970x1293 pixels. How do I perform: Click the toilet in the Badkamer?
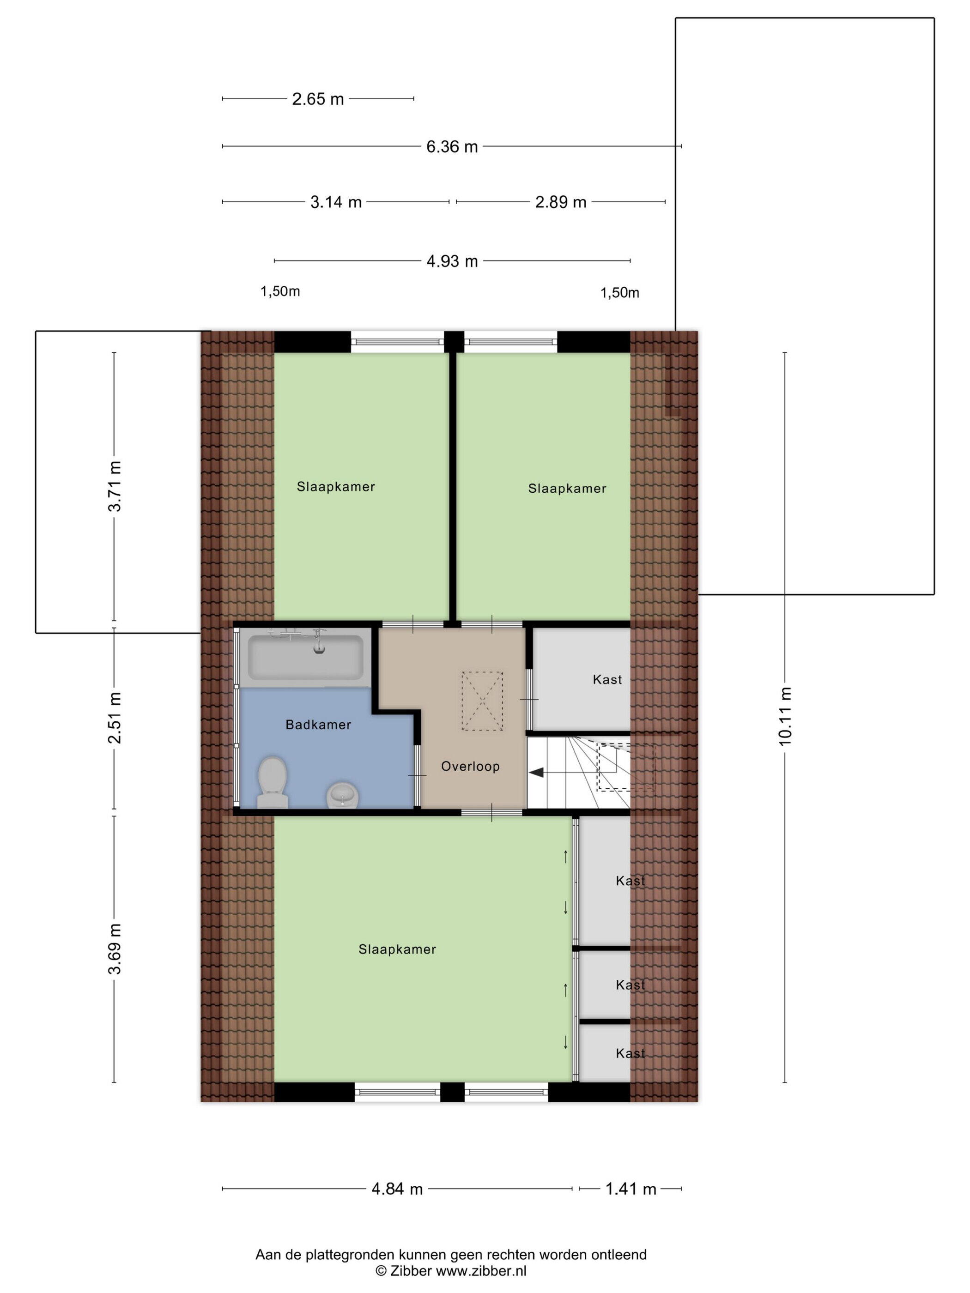[x=273, y=782]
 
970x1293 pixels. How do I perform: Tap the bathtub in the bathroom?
[x=306, y=657]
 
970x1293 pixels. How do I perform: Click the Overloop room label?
[x=470, y=766]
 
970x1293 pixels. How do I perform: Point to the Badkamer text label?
[x=318, y=725]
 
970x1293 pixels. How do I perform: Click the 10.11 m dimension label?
[x=785, y=717]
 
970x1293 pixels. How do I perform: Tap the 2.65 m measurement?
[x=318, y=99]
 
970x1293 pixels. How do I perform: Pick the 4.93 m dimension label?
[x=452, y=261]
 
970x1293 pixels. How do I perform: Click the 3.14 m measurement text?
[x=336, y=202]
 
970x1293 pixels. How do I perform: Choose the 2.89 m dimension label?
[x=561, y=202]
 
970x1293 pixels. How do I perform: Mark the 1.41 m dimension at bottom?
[x=631, y=1189]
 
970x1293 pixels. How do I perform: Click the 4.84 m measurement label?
[x=397, y=1189]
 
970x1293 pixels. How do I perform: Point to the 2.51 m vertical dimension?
[x=115, y=718]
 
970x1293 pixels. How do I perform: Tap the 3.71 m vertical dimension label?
[x=115, y=486]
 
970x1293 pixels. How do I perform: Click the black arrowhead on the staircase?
[x=536, y=773]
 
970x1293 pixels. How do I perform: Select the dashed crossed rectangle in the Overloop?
[x=482, y=701]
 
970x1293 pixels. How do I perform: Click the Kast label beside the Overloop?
[x=607, y=679]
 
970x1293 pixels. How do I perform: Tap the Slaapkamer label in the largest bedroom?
[x=397, y=949]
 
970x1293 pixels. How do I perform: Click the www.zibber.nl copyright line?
[x=451, y=1271]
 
